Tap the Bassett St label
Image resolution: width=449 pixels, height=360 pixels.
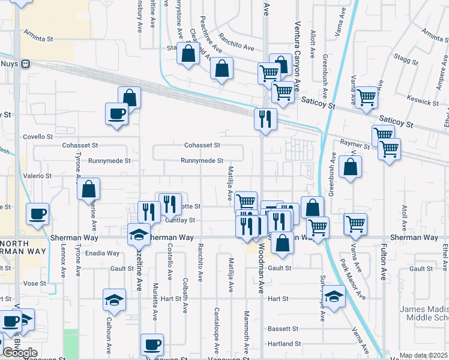pyautogui.click(x=283, y=329)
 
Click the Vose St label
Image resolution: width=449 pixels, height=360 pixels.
pyautogui.click(x=34, y=283)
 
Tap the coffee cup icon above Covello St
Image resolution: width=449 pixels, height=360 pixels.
pyautogui.click(x=116, y=113)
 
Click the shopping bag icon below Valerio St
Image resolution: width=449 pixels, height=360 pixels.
pyautogui.click(x=89, y=190)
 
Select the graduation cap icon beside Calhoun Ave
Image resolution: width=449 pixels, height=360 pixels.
pyautogui.click(x=114, y=300)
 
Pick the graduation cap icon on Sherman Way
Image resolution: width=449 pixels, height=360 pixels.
pyautogui.click(x=139, y=234)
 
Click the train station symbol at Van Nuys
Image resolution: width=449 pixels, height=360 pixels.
pyautogui.click(x=25, y=64)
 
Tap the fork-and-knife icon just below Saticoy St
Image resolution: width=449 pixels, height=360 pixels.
pyautogui.click(x=265, y=118)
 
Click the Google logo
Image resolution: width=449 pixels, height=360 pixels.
pyautogui.click(x=20, y=353)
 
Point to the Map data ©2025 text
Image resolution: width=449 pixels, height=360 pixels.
pyautogui.click(x=423, y=356)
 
